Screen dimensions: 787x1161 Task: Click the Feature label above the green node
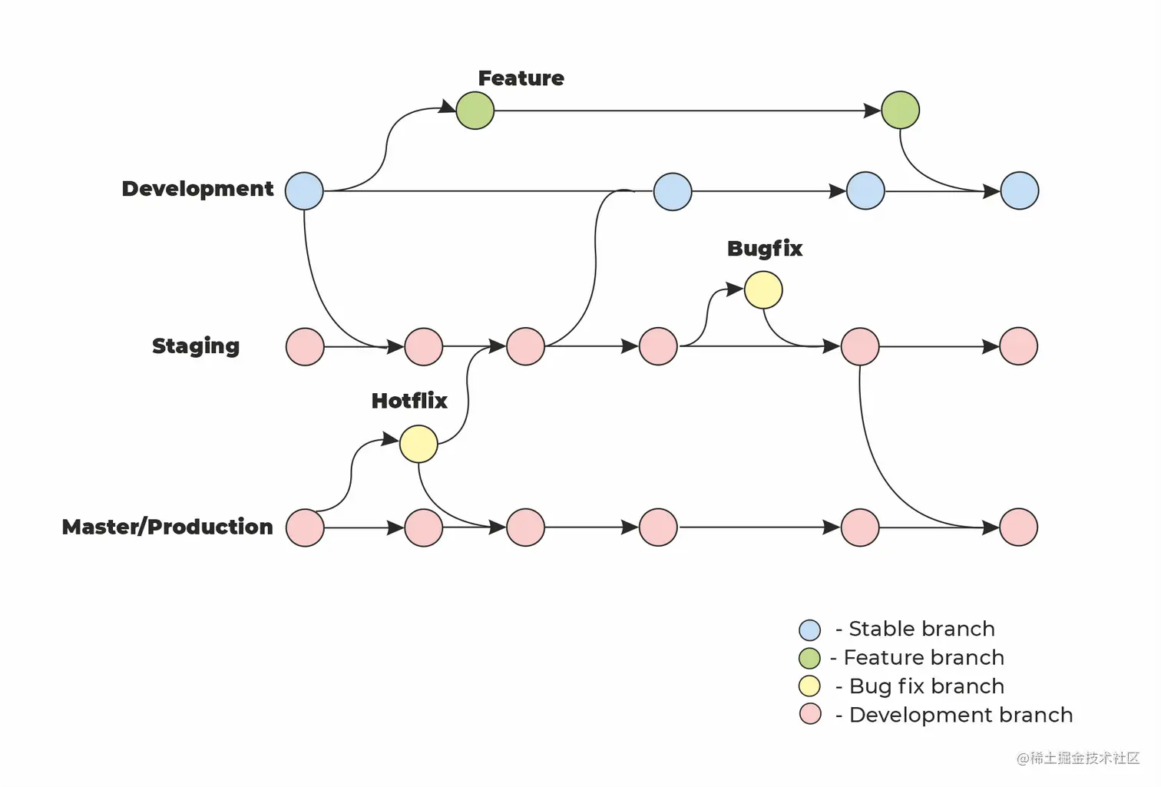[x=521, y=78]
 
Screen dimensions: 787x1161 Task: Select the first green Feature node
[x=475, y=111]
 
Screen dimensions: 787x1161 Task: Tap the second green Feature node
[x=900, y=110]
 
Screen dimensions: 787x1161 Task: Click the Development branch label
[x=197, y=189]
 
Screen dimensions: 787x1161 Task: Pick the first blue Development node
[x=304, y=191]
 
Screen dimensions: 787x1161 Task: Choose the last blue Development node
[x=1019, y=191]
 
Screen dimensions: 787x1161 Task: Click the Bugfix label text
[x=764, y=249]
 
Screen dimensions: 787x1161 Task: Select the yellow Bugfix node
[x=763, y=290]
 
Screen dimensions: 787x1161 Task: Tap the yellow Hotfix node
[x=418, y=444]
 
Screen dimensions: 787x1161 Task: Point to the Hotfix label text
[x=408, y=401]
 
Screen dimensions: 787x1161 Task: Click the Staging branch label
[x=196, y=346]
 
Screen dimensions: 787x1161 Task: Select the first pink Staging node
[x=305, y=347]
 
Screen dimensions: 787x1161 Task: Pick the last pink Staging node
[x=1018, y=346]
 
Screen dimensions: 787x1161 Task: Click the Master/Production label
[x=167, y=527]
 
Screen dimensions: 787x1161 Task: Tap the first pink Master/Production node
[x=305, y=527]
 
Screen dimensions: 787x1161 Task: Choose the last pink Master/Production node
[x=1018, y=527]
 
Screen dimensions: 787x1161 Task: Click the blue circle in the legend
[x=809, y=630]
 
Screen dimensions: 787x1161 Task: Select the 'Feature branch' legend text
[x=923, y=658]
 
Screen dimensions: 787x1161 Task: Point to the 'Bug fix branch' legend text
[x=926, y=686]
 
